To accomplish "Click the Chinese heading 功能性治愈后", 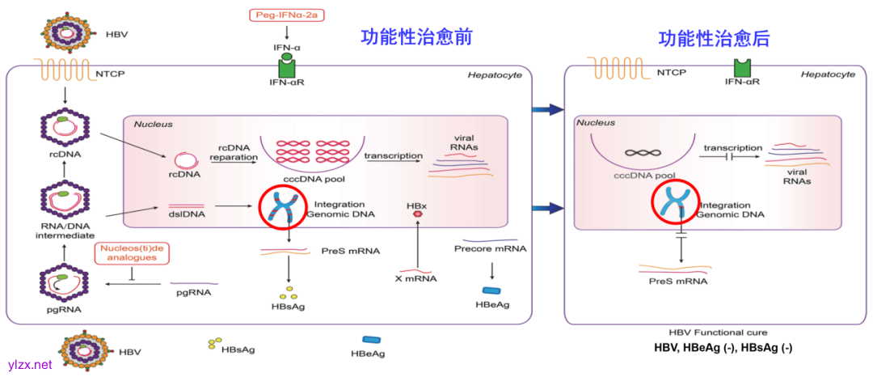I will (x=714, y=37).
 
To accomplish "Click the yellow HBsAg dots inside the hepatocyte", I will (x=288, y=292).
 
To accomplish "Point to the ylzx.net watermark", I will (x=29, y=365).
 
